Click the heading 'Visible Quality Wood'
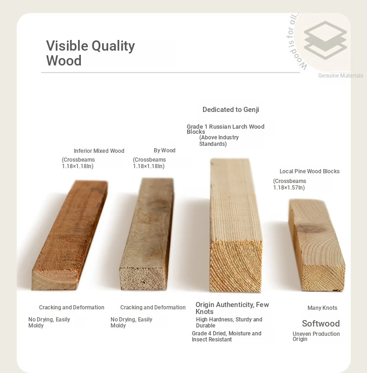click(x=91, y=53)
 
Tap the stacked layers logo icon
click(x=325, y=40)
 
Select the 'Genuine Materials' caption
click(x=341, y=76)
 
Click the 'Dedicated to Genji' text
click(x=231, y=110)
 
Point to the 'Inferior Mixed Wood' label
click(x=99, y=151)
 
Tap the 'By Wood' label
click(x=164, y=151)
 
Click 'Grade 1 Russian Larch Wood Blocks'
click(x=225, y=129)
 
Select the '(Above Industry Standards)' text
click(x=219, y=141)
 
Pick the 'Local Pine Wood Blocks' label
click(x=309, y=171)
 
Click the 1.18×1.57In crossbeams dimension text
click(x=289, y=184)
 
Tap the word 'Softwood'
click(x=321, y=323)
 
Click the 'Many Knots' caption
click(x=322, y=308)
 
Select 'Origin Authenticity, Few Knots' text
click(x=232, y=308)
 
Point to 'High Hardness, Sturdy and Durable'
click(x=229, y=322)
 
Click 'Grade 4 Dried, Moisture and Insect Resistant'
click(x=226, y=336)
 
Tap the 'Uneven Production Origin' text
click(x=316, y=336)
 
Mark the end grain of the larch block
click(x=236, y=266)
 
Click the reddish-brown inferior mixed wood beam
click(x=70, y=235)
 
